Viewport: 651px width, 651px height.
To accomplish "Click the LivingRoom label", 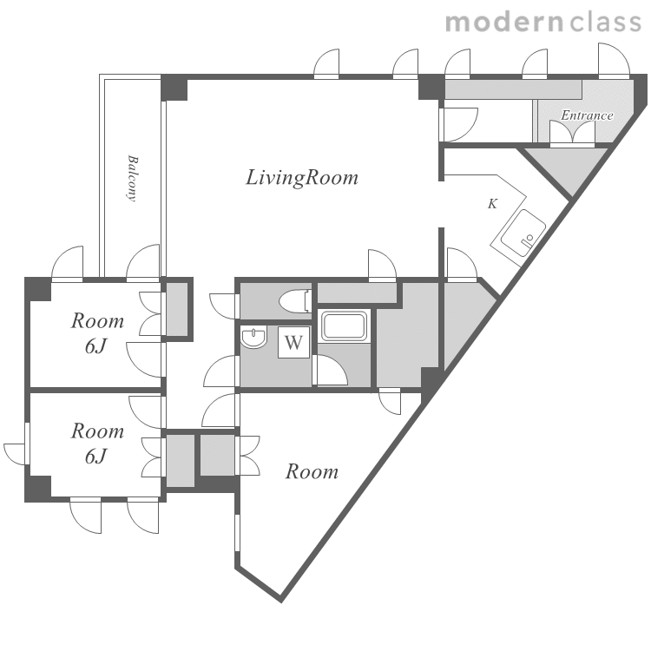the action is tap(302, 178).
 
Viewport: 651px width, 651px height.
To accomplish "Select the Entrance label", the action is tap(587, 115).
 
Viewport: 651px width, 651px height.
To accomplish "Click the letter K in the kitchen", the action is tap(492, 204).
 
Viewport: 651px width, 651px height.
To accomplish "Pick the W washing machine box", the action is tap(293, 342).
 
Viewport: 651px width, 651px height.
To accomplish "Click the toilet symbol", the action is tap(295, 300).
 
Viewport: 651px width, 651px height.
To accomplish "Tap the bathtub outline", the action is tap(345, 325).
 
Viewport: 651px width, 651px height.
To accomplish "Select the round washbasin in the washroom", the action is tap(253, 337).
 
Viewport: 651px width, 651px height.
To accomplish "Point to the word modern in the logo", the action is tap(504, 23).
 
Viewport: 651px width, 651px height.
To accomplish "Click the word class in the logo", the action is tap(605, 23).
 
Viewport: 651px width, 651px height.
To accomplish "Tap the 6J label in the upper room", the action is tap(96, 345).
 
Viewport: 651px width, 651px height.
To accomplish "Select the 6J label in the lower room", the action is tap(96, 457).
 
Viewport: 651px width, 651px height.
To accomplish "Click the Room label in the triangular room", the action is tap(312, 472).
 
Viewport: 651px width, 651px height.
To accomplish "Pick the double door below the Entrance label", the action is tap(572, 133).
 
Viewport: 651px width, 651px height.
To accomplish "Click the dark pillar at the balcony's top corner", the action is tap(174, 88).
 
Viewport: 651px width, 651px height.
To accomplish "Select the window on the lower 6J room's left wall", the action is tap(27, 444).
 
